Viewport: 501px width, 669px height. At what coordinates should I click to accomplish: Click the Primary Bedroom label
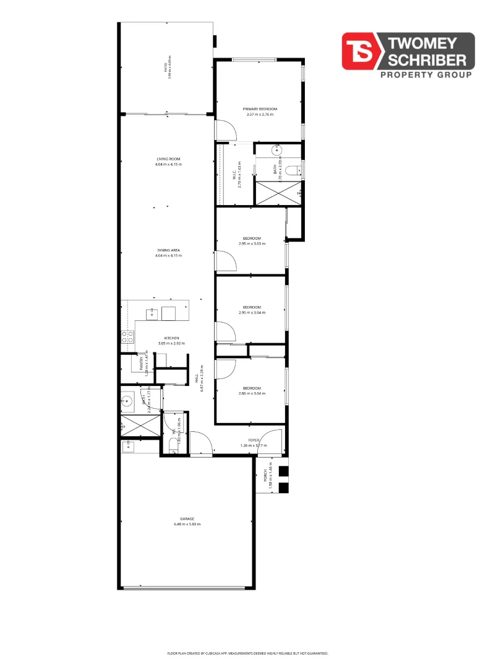[x=259, y=109]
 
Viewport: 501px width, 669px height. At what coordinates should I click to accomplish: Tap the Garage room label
[x=187, y=518]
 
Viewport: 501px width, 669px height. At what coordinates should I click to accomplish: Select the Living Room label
[x=168, y=159]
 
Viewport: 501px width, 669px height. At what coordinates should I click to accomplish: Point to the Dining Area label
[x=168, y=250]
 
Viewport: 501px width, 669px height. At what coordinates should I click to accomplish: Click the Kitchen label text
[x=171, y=338]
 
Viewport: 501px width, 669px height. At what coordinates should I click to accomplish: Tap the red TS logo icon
[x=361, y=51]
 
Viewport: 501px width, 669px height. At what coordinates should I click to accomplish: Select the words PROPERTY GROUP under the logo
[x=425, y=75]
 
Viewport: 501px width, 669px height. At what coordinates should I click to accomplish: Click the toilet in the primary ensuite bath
[x=293, y=170]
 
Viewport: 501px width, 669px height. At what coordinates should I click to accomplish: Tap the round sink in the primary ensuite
[x=276, y=150]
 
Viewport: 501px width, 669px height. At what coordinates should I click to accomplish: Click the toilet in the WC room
[x=174, y=445]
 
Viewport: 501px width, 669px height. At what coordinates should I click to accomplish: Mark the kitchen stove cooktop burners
[x=127, y=337]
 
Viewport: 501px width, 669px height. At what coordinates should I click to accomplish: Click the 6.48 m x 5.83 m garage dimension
[x=187, y=524]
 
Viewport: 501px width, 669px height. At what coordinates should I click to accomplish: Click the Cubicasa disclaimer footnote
[x=247, y=653]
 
